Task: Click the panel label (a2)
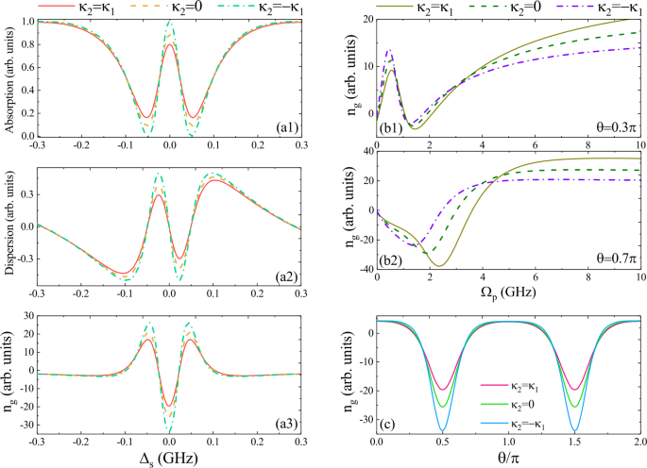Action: (286, 274)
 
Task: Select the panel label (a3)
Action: (286, 422)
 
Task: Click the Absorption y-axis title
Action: (9, 78)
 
